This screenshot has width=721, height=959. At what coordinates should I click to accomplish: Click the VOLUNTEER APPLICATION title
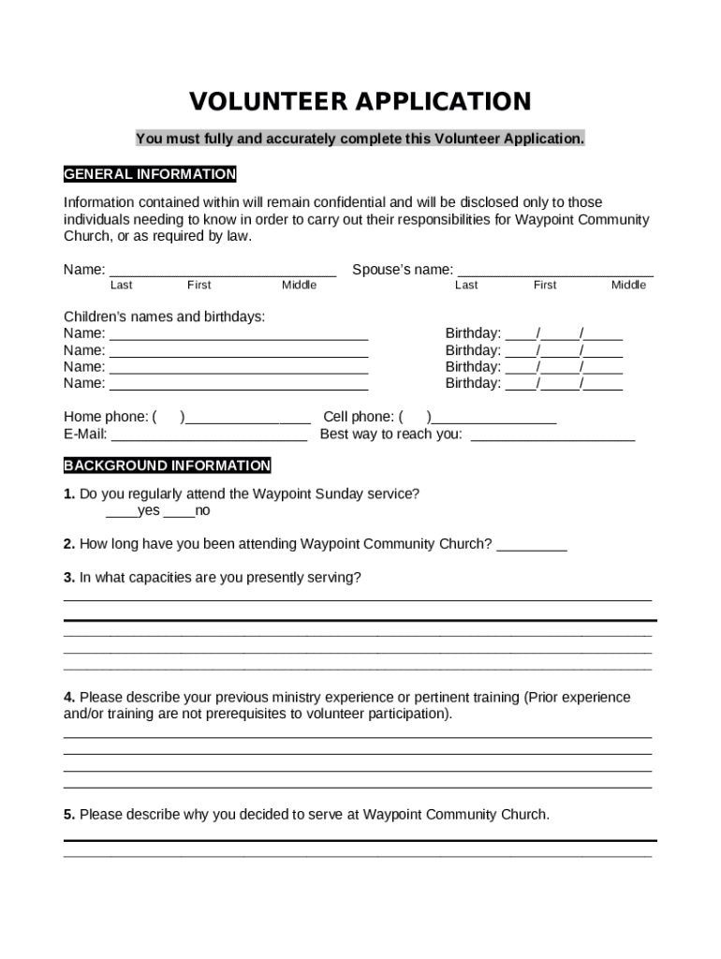(360, 101)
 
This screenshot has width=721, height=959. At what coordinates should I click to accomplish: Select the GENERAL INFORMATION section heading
(150, 174)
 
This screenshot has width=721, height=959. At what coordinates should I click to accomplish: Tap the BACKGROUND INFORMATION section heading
(167, 465)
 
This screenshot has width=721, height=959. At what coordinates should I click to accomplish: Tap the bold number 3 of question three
(68, 578)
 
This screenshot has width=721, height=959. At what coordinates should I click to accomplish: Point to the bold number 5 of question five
(68, 815)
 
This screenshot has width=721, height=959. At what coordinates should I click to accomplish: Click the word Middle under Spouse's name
(628, 286)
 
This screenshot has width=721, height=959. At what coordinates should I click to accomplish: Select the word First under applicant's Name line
(199, 286)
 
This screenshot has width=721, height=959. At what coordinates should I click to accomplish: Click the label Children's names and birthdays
(164, 317)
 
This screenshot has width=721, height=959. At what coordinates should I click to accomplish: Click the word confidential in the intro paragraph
(346, 202)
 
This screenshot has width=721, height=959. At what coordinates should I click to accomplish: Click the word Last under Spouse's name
(466, 286)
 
